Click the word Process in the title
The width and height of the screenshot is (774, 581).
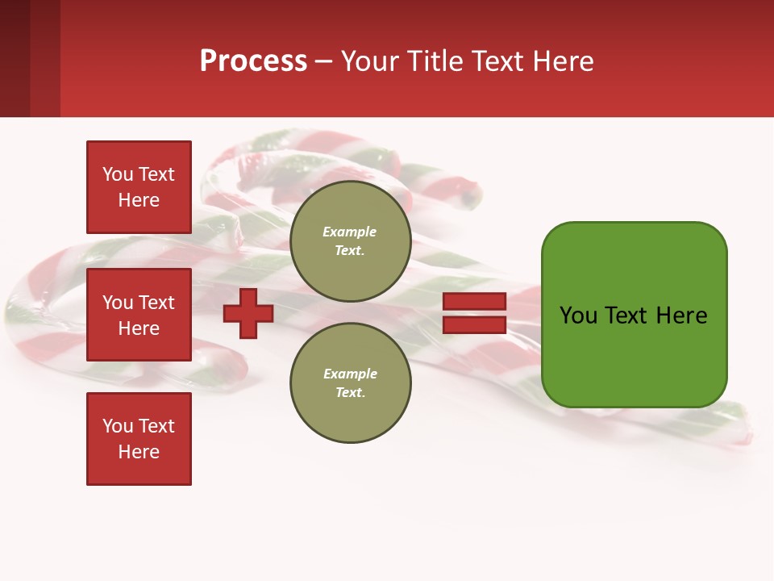pos(253,61)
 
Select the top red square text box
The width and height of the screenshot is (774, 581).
pos(139,187)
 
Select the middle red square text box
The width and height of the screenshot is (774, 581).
pos(139,315)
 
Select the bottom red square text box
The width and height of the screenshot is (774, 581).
pos(139,438)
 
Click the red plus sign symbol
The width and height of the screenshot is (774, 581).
pos(248,313)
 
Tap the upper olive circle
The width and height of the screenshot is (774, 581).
pos(350,240)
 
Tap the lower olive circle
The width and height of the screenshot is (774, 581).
pos(350,382)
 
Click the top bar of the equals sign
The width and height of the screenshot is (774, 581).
pos(474,302)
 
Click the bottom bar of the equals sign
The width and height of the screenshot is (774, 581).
pos(474,324)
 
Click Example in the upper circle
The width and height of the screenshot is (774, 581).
pos(350,232)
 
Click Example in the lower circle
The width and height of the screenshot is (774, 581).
pos(350,374)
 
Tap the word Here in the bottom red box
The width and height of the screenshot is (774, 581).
pos(139,452)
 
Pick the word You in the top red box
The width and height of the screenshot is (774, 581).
pos(118,174)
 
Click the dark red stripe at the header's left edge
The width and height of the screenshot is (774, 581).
pos(15,59)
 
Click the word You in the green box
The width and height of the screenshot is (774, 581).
pos(578,316)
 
